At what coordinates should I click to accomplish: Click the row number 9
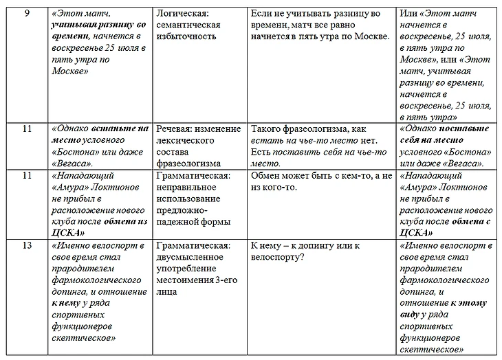coord(26,13)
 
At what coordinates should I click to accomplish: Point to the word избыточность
coord(186,36)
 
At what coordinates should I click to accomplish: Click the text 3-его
coord(228,279)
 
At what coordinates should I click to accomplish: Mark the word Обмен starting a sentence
coord(265,175)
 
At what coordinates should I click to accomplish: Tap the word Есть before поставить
coord(261,152)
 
